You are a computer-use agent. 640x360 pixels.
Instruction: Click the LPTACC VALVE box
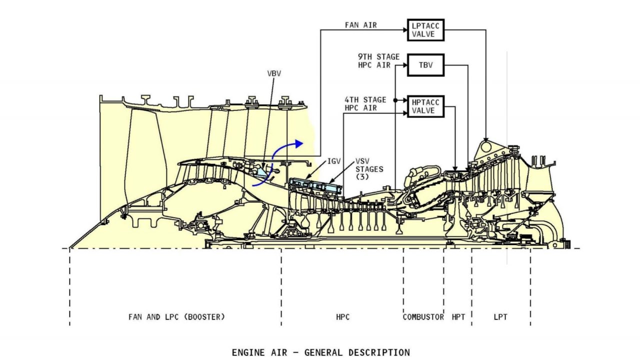[x=425, y=30]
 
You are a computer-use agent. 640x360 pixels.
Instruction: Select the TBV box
[x=425, y=65]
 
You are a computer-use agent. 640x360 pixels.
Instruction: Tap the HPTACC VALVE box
[x=425, y=106]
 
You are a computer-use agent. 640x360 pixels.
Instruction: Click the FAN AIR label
[x=361, y=24]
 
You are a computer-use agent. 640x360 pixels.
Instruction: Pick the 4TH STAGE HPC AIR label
[x=365, y=103]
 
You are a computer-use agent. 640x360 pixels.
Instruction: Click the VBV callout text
[x=274, y=73]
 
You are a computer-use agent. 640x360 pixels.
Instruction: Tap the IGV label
[x=334, y=161]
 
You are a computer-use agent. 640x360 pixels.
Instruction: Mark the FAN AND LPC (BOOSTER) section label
[x=176, y=317]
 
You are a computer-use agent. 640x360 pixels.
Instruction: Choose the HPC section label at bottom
[x=343, y=317]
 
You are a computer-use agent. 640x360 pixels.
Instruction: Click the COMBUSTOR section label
[x=423, y=317]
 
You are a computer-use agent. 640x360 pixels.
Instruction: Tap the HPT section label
[x=458, y=317]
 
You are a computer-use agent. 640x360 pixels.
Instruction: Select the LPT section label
[x=500, y=317]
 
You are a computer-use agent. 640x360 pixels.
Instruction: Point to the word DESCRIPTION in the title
[x=379, y=352]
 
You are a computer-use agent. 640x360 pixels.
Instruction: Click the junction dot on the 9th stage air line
[x=395, y=100]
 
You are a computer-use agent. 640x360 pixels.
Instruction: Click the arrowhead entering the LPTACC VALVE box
[x=405, y=30]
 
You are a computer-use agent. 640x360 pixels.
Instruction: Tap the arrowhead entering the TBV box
[x=405, y=65]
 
